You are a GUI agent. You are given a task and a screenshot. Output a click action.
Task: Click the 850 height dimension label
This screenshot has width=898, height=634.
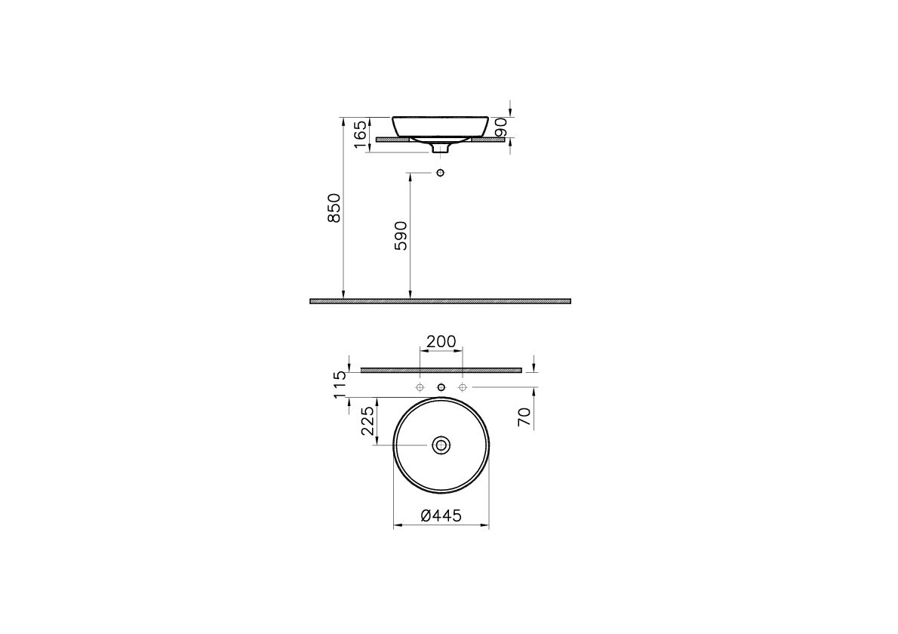coord(334,208)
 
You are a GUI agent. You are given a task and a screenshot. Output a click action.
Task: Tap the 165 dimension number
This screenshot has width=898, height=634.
coord(361,134)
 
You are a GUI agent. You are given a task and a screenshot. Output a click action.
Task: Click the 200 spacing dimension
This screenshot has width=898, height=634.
coord(441,341)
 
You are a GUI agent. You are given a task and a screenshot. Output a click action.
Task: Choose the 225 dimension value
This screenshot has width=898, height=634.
coord(368,421)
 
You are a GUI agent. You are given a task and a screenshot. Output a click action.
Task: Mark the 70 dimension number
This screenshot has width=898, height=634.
coord(524,417)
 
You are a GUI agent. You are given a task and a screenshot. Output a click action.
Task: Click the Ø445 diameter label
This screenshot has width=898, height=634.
coord(441,516)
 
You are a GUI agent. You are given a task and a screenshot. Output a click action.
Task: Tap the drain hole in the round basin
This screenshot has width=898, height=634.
coord(441,445)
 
